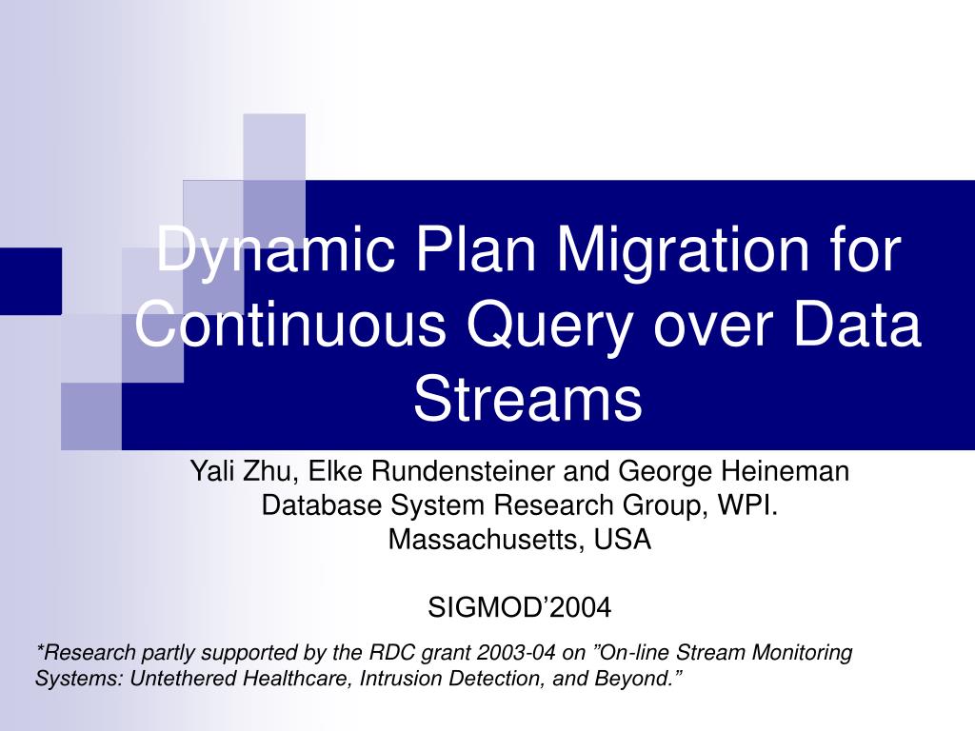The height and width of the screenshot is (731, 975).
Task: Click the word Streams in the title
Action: pos(527,399)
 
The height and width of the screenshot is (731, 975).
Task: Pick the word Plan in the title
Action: pos(457,250)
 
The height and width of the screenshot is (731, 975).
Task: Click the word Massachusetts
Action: pos(487,540)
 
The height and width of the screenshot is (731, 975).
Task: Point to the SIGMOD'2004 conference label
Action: pos(520,606)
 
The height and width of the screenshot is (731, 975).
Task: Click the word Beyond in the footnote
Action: pos(631,679)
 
